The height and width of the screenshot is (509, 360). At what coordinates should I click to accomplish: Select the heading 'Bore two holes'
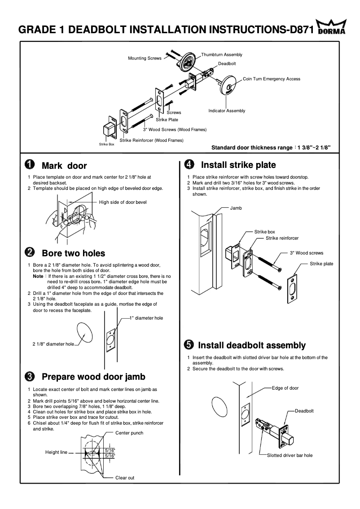(73, 253)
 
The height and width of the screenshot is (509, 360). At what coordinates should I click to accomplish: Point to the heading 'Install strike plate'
(238, 165)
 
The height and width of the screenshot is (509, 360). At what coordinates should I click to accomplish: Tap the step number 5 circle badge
(189, 345)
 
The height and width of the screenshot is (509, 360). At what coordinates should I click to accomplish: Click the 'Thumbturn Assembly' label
(221, 55)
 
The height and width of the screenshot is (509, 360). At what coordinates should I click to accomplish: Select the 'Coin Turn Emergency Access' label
(271, 79)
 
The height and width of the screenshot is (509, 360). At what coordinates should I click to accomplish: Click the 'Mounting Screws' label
(145, 58)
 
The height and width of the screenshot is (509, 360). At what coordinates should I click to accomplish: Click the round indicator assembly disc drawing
(229, 85)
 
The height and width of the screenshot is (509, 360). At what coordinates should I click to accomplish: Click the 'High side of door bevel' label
(123, 202)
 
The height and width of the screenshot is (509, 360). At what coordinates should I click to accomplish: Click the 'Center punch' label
(129, 433)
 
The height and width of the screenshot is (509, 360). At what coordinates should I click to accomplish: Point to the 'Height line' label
(56, 452)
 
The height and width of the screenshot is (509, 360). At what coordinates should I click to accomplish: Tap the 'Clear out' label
(125, 478)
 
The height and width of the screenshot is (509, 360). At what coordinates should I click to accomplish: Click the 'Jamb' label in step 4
(236, 208)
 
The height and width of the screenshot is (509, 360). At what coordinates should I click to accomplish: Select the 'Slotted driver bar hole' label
(290, 455)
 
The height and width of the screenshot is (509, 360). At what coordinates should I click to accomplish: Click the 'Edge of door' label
(285, 388)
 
